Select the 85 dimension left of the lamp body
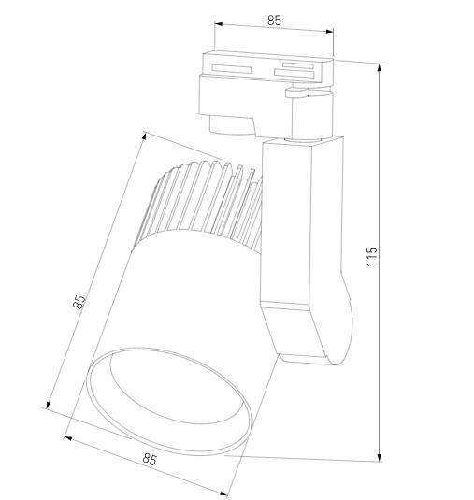coord(80,302)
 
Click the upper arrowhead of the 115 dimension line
coord(381,67)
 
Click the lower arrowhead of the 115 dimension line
coord(381,457)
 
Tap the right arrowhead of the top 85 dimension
coord(331,32)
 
